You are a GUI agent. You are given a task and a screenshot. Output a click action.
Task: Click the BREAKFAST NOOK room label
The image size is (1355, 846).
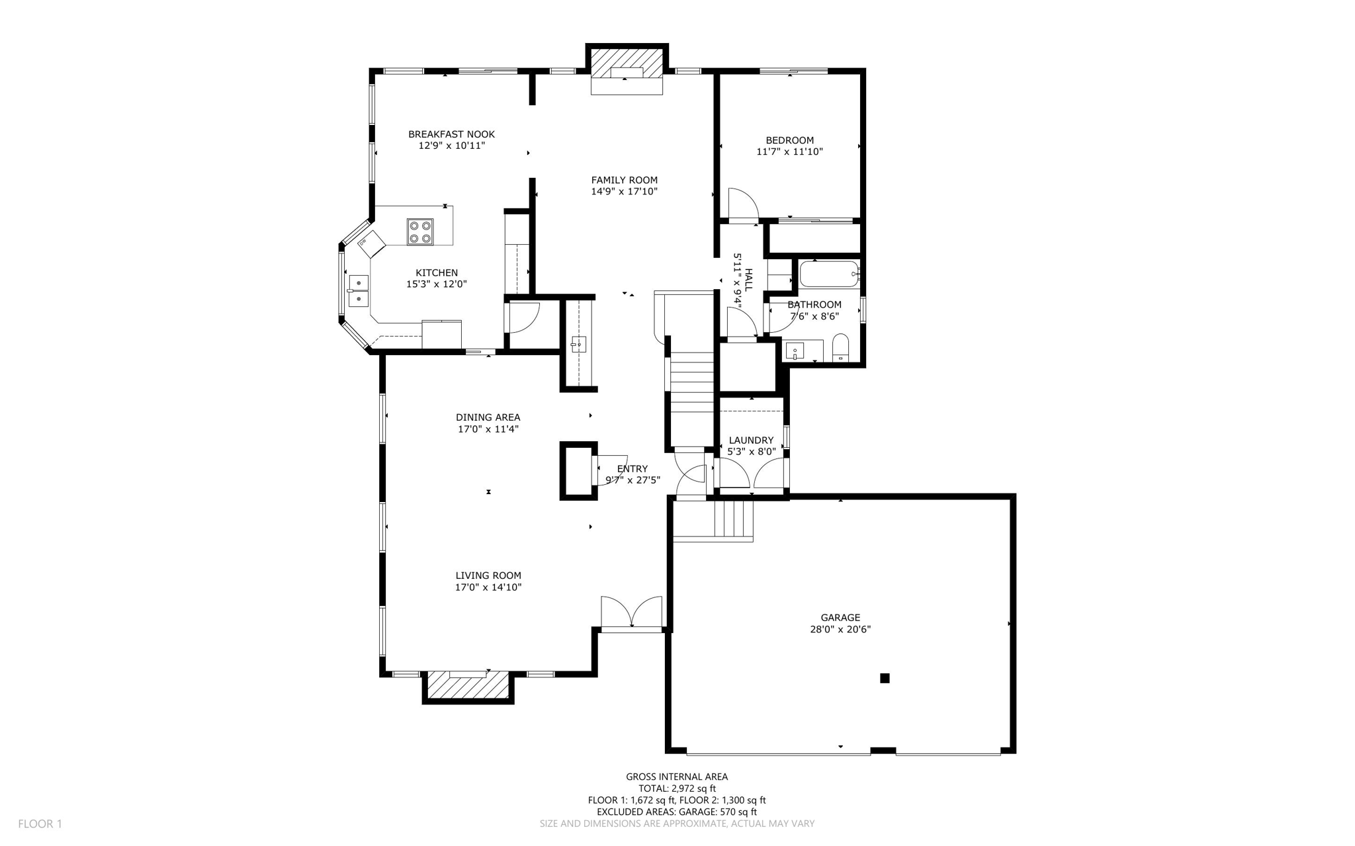(451, 134)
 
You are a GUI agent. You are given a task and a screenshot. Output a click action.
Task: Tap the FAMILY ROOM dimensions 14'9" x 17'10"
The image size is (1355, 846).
(624, 192)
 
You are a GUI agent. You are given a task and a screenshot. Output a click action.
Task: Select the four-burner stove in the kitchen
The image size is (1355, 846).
(420, 232)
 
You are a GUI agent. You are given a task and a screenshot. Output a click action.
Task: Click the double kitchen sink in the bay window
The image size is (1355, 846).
(359, 292)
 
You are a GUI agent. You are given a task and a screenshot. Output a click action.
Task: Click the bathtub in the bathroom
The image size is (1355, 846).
(829, 273)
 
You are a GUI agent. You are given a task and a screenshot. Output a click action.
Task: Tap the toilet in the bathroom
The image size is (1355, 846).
(840, 348)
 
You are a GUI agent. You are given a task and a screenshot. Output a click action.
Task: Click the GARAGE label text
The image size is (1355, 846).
(840, 618)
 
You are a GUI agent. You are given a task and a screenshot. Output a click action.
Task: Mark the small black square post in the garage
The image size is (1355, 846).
(885, 678)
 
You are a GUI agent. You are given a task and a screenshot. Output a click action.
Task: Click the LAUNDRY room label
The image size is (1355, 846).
(751, 441)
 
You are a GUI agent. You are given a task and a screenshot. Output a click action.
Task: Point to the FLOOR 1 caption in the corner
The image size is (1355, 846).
(40, 824)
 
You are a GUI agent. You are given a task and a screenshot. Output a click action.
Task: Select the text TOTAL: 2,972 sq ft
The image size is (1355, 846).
(677, 788)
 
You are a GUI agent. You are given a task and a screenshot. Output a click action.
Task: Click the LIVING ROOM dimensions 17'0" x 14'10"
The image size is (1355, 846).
(488, 587)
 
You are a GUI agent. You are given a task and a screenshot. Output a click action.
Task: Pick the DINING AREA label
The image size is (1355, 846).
(488, 417)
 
